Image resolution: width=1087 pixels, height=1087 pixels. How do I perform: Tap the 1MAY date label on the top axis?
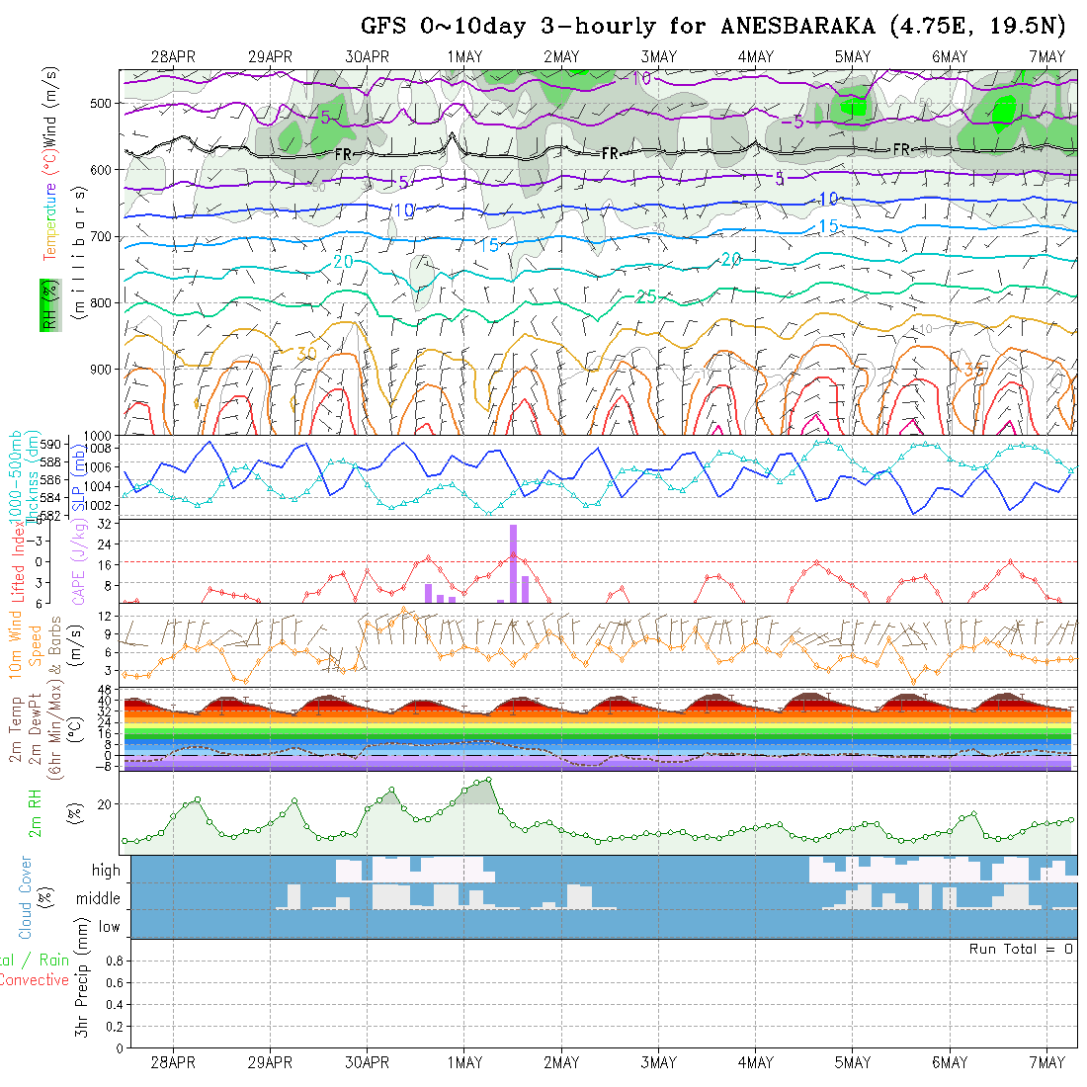click(464, 56)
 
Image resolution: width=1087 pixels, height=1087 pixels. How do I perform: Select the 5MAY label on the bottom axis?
click(852, 1062)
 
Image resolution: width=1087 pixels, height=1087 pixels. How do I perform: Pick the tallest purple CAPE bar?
click(514, 562)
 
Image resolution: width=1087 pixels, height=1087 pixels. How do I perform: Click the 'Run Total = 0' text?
click(1021, 949)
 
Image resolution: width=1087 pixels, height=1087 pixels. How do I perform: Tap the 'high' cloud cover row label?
click(106, 871)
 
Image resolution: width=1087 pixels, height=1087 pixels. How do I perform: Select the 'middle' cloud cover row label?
click(99, 899)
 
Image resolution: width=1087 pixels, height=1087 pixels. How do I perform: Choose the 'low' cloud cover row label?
click(109, 927)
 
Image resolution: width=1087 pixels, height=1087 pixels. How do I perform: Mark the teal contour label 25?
click(646, 296)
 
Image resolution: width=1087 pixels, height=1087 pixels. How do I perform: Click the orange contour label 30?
click(306, 353)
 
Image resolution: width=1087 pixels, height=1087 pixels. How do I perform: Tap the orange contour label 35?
click(974, 370)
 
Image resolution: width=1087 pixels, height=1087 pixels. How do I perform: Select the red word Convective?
click(34, 980)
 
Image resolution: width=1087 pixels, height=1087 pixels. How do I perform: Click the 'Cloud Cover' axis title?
click(26, 897)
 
